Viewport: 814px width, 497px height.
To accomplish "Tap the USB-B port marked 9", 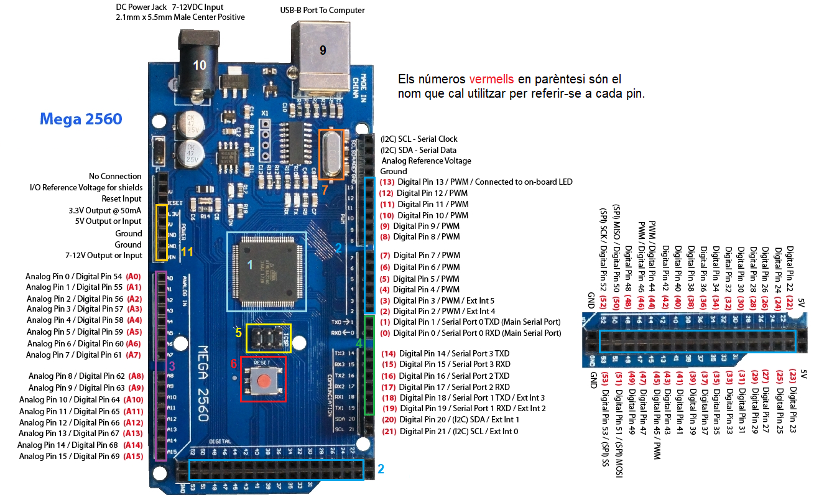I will click(322, 52).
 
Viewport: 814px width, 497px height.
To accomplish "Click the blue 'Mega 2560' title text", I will click(80, 119).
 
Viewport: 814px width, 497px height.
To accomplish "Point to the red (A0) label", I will click(133, 276).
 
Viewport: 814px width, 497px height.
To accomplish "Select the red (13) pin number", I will click(387, 182).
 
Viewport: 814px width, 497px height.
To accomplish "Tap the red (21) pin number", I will click(389, 431).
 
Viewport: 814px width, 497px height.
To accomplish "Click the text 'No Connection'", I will click(116, 176).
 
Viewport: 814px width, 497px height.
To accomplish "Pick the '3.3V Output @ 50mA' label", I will click(105, 211).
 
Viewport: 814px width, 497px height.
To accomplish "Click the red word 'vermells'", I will click(491, 80).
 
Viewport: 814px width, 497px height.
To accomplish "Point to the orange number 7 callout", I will click(325, 190).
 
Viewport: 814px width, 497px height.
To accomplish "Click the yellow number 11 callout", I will click(187, 252).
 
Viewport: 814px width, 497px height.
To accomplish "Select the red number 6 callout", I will click(234, 364).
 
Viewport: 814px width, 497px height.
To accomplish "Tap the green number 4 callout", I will click(359, 342).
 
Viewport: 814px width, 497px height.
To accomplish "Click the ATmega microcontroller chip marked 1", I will click(266, 271).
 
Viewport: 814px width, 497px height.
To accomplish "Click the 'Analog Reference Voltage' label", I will click(426, 160).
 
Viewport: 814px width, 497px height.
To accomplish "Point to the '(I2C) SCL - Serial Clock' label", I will click(419, 139).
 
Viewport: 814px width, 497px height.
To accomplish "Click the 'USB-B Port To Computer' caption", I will click(322, 10).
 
